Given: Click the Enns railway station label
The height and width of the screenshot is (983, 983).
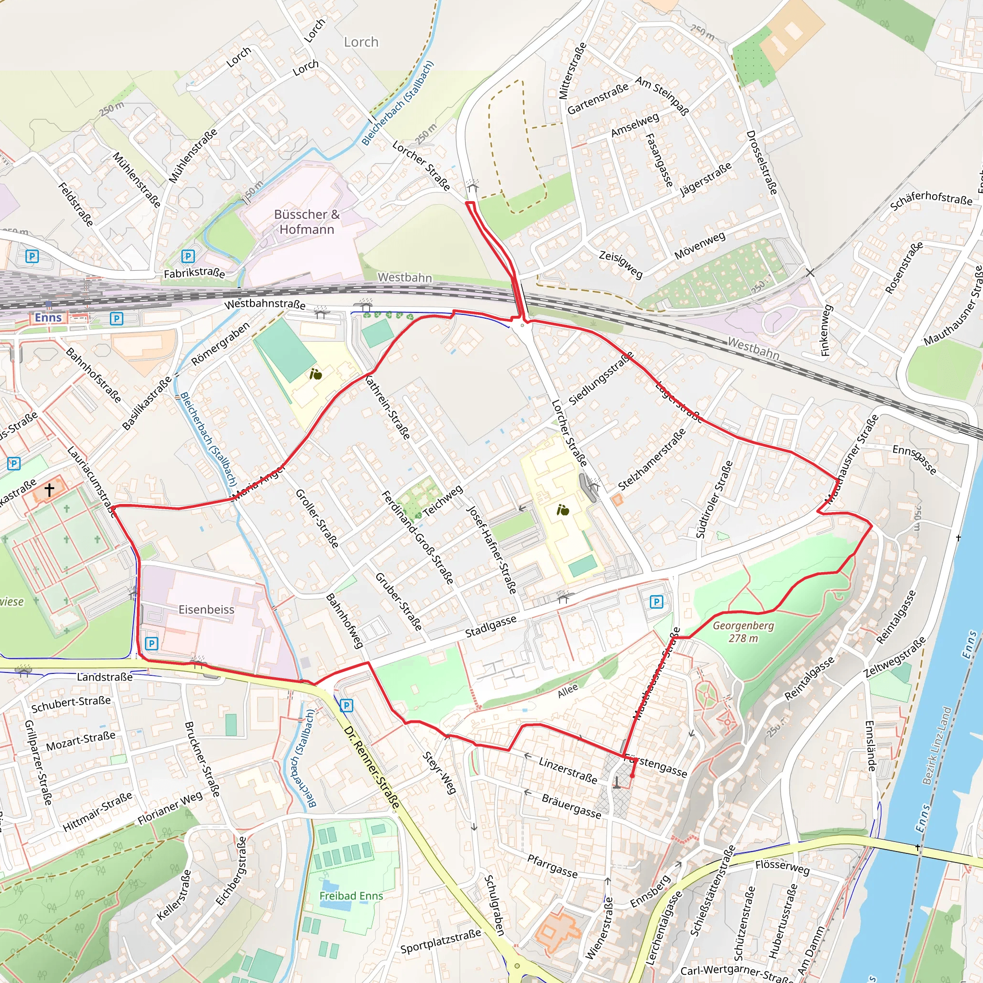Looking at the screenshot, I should click(x=48, y=317).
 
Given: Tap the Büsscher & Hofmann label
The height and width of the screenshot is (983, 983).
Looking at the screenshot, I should click(x=307, y=222).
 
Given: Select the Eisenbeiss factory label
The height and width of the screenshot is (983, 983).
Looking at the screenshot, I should click(x=206, y=610).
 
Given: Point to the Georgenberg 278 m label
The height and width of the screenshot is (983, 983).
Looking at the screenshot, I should click(x=743, y=632).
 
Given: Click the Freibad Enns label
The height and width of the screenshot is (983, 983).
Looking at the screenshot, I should click(x=351, y=896).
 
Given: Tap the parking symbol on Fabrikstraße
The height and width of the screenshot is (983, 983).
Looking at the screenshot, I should click(x=188, y=256).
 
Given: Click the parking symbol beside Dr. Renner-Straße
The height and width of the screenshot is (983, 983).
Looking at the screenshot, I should click(x=346, y=705).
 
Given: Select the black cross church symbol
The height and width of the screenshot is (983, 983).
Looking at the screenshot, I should click(x=49, y=490).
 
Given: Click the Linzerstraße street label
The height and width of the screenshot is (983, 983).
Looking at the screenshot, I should click(x=568, y=770).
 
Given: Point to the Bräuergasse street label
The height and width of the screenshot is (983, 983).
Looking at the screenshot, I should click(x=571, y=806).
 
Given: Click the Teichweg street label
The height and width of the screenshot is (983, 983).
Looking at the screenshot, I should click(x=443, y=500).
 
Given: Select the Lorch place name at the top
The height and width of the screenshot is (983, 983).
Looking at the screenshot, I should click(x=361, y=42).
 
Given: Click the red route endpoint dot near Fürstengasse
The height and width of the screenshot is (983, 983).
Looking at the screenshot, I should click(x=632, y=777).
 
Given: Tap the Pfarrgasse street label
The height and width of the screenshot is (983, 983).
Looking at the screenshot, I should click(x=552, y=866).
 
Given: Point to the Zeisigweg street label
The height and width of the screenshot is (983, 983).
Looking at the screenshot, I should click(x=621, y=264).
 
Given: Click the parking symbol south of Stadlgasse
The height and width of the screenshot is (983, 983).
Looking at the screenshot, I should click(x=656, y=602).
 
